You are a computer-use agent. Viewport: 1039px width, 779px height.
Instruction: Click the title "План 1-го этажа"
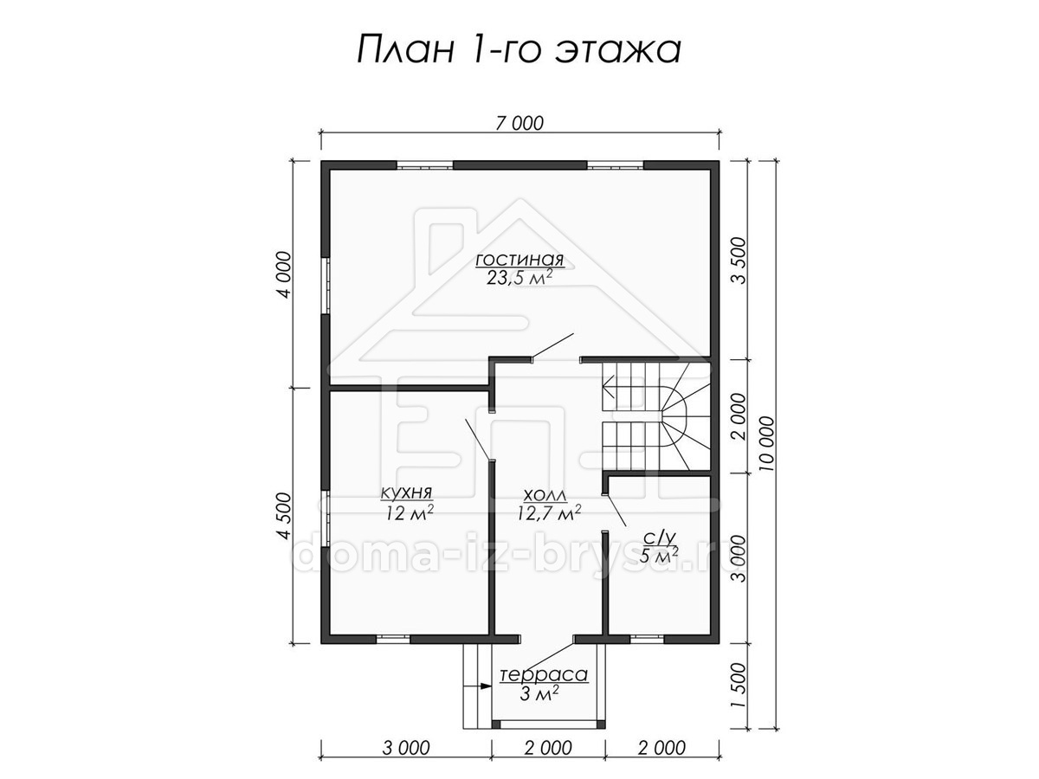click(x=519, y=49)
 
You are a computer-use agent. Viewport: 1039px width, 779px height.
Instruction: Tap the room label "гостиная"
click(x=519, y=260)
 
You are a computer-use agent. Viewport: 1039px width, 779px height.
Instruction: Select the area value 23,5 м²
click(x=519, y=278)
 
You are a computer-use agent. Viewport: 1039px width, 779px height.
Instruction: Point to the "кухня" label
click(x=407, y=493)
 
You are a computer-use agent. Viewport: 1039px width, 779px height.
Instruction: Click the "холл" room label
click(x=545, y=495)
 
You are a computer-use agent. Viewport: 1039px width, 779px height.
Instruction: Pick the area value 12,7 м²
click(x=549, y=513)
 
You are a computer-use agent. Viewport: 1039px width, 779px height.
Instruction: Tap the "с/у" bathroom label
click(x=659, y=538)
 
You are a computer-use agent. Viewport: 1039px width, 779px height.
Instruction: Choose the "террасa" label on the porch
click(x=544, y=675)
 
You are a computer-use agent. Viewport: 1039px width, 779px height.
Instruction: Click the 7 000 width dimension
click(x=519, y=124)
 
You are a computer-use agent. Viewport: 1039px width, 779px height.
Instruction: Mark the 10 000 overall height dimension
click(x=767, y=444)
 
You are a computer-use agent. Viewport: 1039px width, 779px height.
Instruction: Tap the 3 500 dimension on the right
click(x=739, y=261)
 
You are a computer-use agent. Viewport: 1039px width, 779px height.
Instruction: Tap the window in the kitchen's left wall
click(x=326, y=518)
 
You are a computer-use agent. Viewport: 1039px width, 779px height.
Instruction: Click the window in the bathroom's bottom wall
click(x=647, y=639)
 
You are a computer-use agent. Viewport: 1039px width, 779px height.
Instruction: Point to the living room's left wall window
click(x=326, y=286)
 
